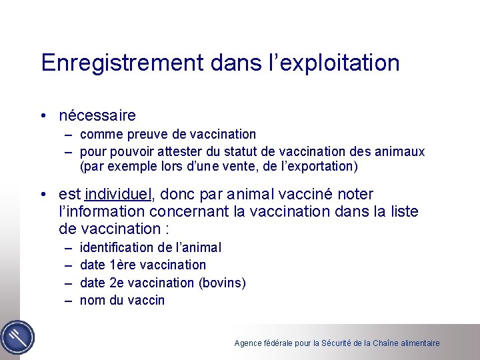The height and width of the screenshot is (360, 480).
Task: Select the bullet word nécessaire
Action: pos(97,115)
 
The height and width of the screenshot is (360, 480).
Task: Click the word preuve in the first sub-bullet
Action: pos(145,135)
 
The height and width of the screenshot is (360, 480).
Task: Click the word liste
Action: pos(401,211)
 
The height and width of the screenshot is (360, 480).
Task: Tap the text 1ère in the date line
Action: pos(121,265)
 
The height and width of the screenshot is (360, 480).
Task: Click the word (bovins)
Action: pos(222,283)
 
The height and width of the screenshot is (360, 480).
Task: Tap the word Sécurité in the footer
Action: pos(337,343)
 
